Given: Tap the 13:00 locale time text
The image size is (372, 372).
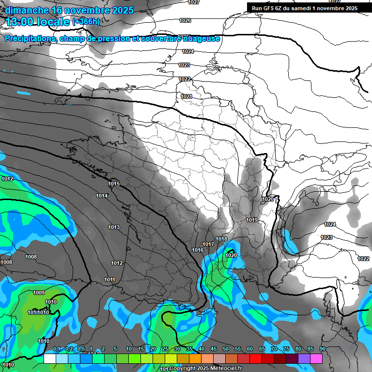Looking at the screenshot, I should pos(38,22).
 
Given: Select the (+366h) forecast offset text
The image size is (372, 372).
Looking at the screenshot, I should pos(86,22).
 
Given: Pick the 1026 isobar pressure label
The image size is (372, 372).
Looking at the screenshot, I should pos(185,20).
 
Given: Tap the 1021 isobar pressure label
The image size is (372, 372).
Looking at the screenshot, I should pos(186,97).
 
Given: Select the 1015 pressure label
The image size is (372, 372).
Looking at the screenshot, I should pos(114,184).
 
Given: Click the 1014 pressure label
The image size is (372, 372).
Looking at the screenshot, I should pos(102,196).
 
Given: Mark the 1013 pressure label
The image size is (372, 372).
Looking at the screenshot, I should pos(114,227).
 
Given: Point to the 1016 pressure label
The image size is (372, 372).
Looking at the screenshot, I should pos(198,250).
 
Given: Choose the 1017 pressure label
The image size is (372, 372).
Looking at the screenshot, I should pos(208,244).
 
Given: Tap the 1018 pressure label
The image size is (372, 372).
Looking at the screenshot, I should pos(221,239).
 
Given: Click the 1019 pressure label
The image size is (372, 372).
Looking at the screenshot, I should pos(251,220).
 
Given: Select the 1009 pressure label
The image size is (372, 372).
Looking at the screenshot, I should pos(39,293).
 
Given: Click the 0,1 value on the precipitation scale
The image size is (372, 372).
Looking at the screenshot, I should pos(57,349).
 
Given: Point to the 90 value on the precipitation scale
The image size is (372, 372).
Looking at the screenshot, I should pos(322,349).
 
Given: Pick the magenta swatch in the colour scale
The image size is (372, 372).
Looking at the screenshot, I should pos(316,358).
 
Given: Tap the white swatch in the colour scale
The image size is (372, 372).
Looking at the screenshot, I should pos(49,358).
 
